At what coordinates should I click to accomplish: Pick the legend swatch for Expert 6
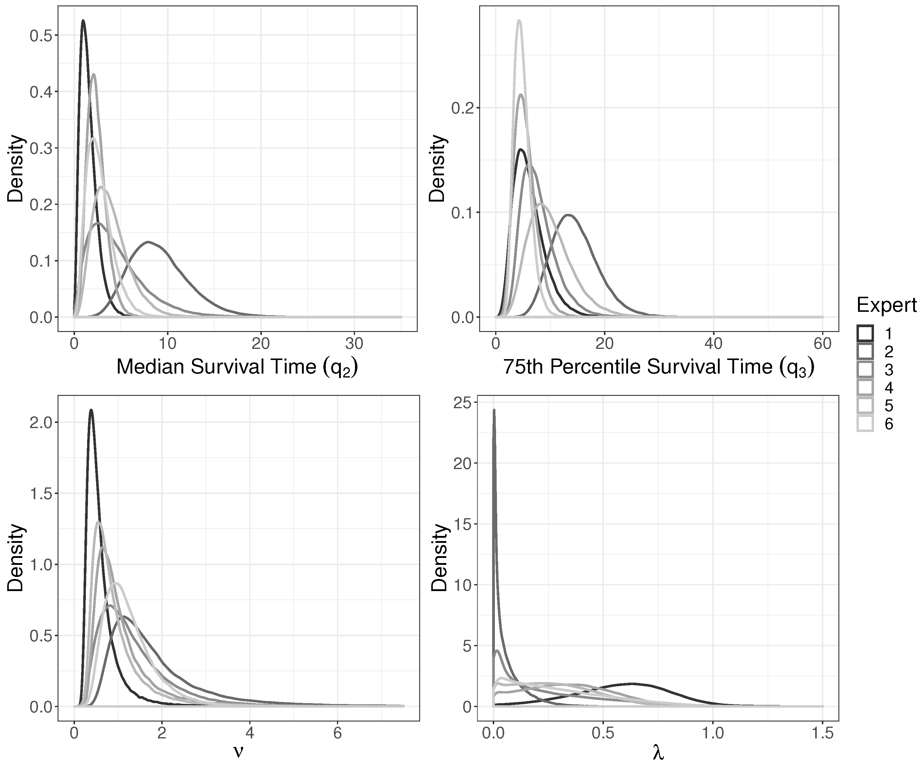pos(865,424)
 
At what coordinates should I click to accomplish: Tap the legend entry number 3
pos(888,370)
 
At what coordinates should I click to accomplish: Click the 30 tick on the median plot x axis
pos(354,343)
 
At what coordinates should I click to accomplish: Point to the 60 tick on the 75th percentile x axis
pos(822,343)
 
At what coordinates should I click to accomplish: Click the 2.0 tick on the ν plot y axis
pos(40,423)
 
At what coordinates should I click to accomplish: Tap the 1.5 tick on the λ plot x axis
pos(822,734)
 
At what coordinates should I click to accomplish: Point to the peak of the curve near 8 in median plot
pos(149,242)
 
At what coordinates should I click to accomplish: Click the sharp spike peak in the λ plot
pos(494,410)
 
